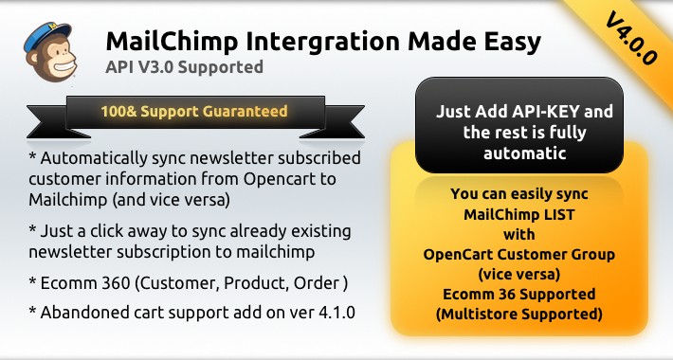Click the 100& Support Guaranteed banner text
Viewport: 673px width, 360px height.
tap(193, 111)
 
